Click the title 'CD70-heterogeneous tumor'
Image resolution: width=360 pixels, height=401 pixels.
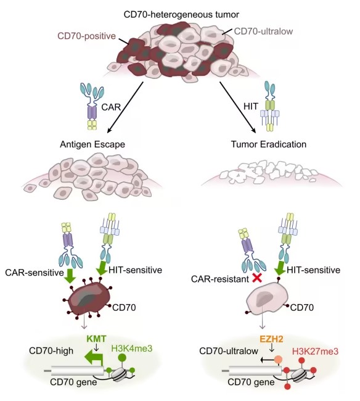coord(181,14)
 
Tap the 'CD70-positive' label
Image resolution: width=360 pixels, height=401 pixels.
coord(87,36)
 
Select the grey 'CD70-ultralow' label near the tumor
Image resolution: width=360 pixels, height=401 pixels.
coord(263,31)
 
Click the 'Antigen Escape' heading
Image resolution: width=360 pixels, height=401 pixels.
coord(92,144)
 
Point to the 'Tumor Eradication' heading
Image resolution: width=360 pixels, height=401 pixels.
coord(269,144)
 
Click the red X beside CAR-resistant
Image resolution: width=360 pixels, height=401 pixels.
coord(257,278)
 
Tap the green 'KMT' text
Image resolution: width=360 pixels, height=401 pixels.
coord(96,339)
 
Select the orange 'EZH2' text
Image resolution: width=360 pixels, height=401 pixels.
coord(271,339)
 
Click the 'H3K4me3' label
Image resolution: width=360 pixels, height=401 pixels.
coord(132,348)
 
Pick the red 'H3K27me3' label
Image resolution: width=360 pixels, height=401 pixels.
coord(315,351)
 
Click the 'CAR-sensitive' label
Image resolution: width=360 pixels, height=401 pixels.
coord(35,273)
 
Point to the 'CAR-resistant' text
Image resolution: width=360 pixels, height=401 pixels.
coord(220,279)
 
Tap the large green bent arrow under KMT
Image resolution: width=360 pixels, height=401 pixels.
coord(94,358)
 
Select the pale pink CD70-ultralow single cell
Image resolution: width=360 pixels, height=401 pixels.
coord(267,299)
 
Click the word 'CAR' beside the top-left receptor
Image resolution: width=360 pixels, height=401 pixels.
coord(111,107)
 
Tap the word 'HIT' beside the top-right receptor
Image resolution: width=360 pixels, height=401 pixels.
coord(251,106)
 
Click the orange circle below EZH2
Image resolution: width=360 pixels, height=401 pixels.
coord(278,360)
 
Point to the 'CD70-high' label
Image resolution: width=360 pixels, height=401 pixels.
coord(51,350)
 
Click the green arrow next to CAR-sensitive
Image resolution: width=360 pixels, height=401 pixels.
coord(70,276)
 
